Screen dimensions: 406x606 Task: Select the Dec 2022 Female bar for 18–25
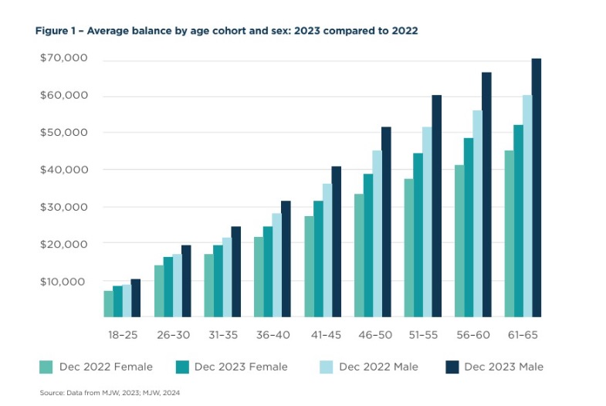click(109, 303)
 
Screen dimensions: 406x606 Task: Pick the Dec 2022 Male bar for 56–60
click(477, 214)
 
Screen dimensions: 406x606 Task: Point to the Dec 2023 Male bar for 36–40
click(286, 259)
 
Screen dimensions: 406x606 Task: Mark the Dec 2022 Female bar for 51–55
click(409, 248)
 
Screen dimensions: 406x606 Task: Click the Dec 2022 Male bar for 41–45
click(327, 250)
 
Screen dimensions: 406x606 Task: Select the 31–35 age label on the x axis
click(221, 335)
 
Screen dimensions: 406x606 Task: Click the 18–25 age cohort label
click(122, 335)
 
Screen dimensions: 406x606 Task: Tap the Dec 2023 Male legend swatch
click(450, 367)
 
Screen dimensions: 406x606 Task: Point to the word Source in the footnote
click(51, 394)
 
